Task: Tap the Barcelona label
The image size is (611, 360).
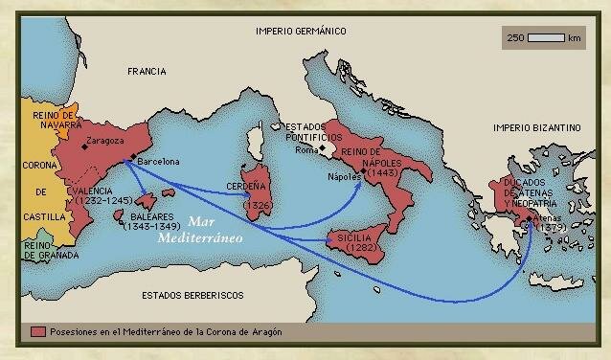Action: coord(159,162)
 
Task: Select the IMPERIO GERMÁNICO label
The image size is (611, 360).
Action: coord(300,31)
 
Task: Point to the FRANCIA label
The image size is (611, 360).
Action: coord(147,72)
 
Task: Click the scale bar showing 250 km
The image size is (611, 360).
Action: coord(546,38)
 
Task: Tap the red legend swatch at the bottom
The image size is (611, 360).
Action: coord(38,331)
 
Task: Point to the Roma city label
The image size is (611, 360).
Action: coord(305,150)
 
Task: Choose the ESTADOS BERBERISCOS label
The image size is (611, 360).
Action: coord(192,294)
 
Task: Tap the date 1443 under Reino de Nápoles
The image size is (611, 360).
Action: coord(379,172)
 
